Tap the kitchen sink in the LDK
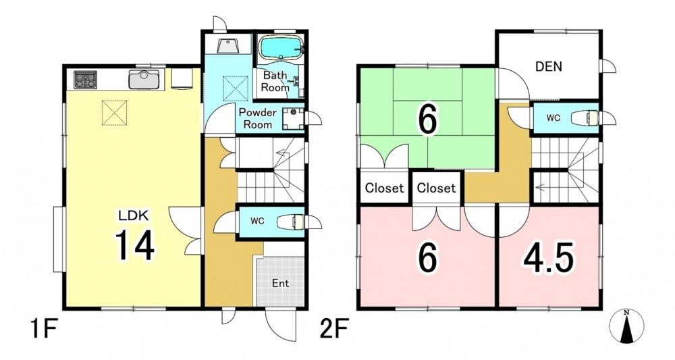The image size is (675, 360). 144,80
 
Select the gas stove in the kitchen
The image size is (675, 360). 85,80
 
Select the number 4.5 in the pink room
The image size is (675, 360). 548,257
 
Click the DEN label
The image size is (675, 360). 548,67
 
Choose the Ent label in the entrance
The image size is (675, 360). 280,284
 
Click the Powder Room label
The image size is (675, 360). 257,118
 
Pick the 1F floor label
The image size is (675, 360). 45,330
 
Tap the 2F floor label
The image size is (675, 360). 333,330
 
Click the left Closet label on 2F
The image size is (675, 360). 385,188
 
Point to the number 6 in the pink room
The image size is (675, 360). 427,258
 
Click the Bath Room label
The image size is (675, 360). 275,81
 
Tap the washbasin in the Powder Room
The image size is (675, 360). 293,118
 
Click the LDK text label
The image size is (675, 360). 134,215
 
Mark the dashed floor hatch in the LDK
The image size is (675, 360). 115,113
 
